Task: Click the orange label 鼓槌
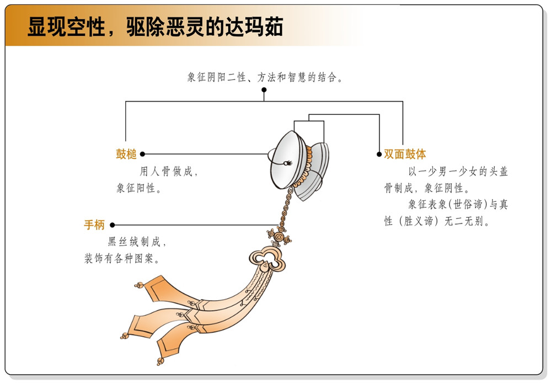tap(126, 155)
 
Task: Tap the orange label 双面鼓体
tap(405, 155)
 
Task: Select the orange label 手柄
tap(94, 225)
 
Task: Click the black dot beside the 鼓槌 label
tap(142, 155)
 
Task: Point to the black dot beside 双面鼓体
tap(379, 155)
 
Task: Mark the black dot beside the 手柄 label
tap(112, 225)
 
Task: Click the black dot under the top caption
tap(264, 89)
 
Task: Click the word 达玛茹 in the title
tap(260, 26)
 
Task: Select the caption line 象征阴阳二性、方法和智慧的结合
tap(265, 77)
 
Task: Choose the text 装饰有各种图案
tap(124, 258)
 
